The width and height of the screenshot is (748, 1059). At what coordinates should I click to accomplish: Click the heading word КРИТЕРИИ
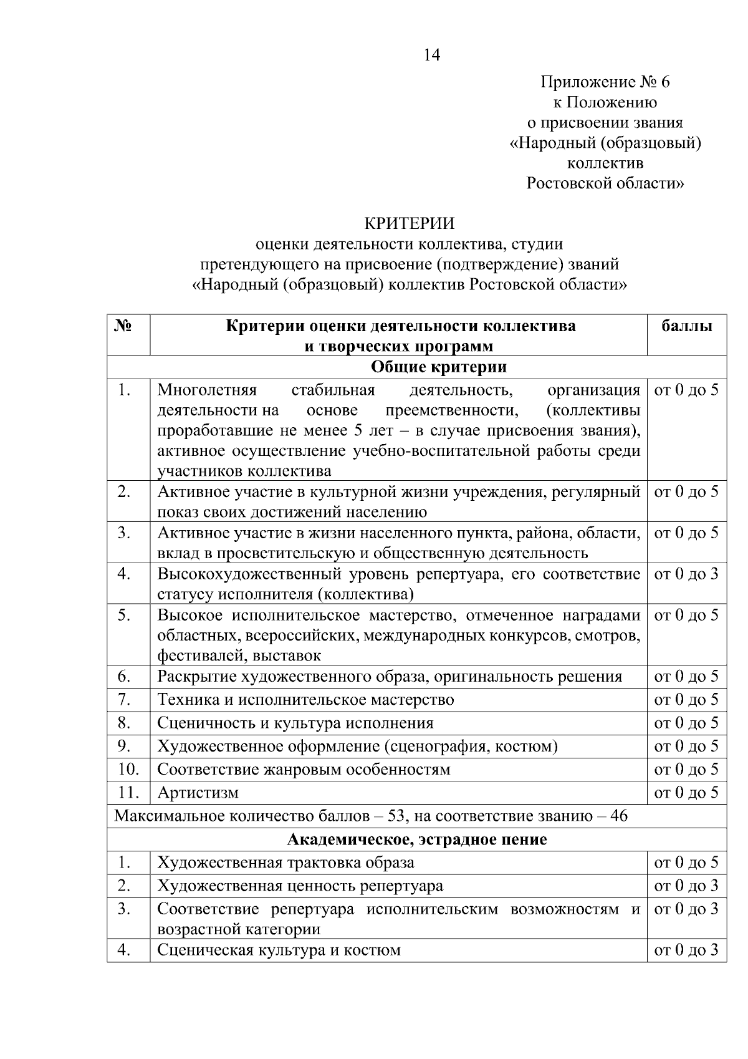[x=409, y=223]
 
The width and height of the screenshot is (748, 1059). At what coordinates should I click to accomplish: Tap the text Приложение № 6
[x=605, y=82]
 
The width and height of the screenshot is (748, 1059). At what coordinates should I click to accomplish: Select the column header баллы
[x=686, y=326]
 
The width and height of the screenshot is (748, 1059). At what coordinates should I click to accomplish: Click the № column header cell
[x=123, y=326]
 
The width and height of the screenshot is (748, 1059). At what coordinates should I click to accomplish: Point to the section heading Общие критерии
[x=438, y=367]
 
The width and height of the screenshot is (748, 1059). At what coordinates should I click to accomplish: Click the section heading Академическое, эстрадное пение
[x=416, y=839]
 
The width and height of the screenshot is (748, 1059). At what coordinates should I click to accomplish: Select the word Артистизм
[x=198, y=793]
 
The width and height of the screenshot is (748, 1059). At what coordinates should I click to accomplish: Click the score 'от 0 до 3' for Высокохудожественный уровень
[x=686, y=574]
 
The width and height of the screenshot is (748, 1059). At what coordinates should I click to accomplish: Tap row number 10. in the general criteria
[x=128, y=769]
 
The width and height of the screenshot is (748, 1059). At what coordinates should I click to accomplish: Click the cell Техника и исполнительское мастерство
[x=305, y=700]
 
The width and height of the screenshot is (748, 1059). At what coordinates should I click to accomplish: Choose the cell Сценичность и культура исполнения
[x=295, y=723]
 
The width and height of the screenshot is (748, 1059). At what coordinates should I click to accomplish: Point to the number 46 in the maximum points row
[x=618, y=816]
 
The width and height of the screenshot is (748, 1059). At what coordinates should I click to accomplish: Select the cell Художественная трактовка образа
[x=285, y=863]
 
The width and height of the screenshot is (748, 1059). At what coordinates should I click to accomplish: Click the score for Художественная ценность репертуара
[x=686, y=886]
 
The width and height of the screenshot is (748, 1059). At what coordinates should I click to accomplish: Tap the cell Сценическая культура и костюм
[x=279, y=950]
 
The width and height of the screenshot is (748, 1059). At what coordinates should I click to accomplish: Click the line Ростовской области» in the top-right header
[x=605, y=183]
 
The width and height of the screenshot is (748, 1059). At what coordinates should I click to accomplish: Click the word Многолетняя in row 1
[x=206, y=390]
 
